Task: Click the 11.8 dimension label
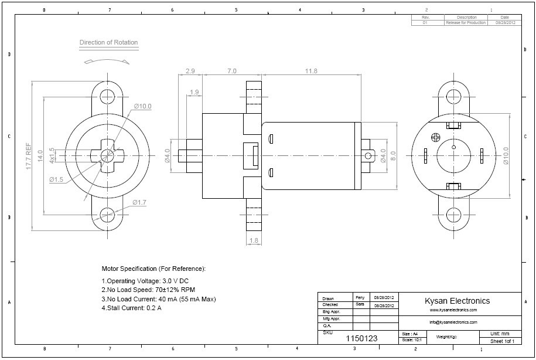click(311, 71)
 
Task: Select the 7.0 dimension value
click(231, 71)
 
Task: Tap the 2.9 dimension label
click(190, 71)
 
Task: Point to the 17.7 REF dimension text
click(28, 157)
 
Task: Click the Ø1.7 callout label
click(139, 202)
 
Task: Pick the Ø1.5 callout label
click(56, 179)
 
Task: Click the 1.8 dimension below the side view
click(254, 240)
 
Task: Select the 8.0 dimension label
click(393, 155)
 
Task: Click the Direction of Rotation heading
click(109, 42)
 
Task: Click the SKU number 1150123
click(361, 338)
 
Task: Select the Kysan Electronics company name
click(457, 301)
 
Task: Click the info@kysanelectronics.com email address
click(453, 322)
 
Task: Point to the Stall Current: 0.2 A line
click(132, 308)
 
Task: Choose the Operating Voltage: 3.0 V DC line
click(145, 281)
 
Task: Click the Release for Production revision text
click(466, 22)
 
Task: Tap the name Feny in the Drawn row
click(360, 298)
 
